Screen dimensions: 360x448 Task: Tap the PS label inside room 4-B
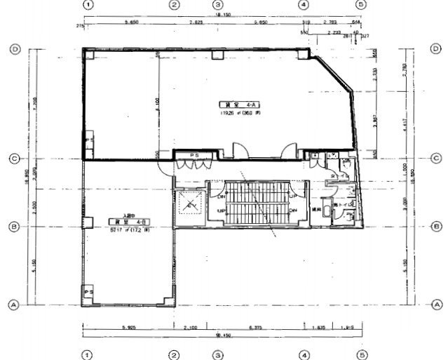[x=88, y=291]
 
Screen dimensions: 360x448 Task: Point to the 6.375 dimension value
[x=257, y=327]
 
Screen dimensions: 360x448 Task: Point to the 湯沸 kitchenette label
[x=316, y=208]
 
